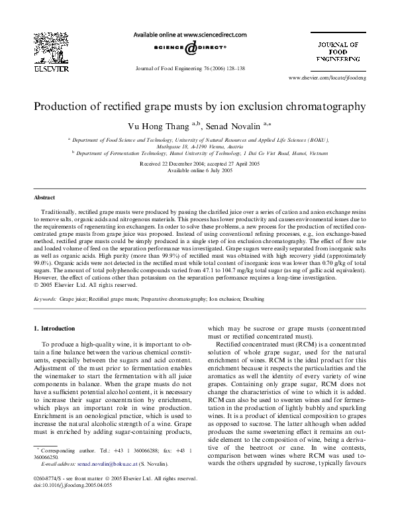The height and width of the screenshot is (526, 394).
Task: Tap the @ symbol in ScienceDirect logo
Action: [191, 48]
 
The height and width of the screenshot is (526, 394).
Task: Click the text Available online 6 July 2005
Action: [197, 170]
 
